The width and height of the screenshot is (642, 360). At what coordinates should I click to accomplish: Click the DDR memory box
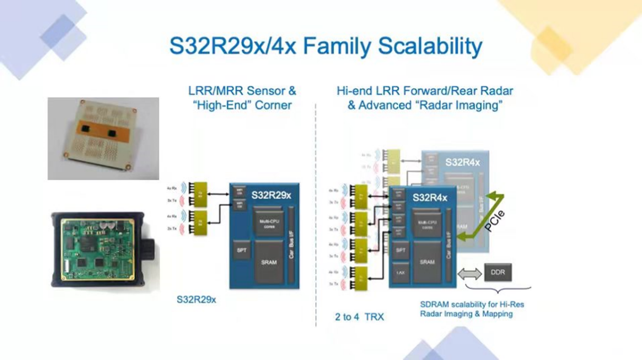pyautogui.click(x=498, y=272)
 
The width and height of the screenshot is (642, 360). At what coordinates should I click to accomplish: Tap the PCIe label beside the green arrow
pyautogui.click(x=494, y=220)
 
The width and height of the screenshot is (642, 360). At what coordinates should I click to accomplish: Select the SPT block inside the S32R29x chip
pyautogui.click(x=241, y=250)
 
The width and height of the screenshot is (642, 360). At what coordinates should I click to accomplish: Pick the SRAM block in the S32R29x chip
pyautogui.click(x=269, y=262)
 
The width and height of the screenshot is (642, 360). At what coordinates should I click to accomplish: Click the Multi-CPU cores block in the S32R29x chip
pyautogui.click(x=269, y=224)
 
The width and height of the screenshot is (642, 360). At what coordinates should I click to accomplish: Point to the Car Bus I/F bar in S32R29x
pyautogui.click(x=291, y=245)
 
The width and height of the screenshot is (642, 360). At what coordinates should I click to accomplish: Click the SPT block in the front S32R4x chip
pyautogui.click(x=400, y=251)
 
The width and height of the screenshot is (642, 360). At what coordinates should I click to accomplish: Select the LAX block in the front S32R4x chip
pyautogui.click(x=400, y=273)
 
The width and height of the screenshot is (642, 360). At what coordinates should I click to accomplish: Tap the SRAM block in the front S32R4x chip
pyautogui.click(x=427, y=262)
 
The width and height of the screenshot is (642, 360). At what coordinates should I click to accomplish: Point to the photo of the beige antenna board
pyautogui.click(x=103, y=139)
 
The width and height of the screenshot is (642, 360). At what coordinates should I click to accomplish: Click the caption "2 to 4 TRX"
pyautogui.click(x=360, y=317)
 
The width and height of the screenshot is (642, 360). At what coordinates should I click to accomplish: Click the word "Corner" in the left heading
pyautogui.click(x=273, y=105)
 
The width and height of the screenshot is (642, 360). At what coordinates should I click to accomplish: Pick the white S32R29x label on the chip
pyautogui.click(x=271, y=195)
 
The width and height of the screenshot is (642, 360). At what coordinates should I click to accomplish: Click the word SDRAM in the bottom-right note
pyautogui.click(x=434, y=304)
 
